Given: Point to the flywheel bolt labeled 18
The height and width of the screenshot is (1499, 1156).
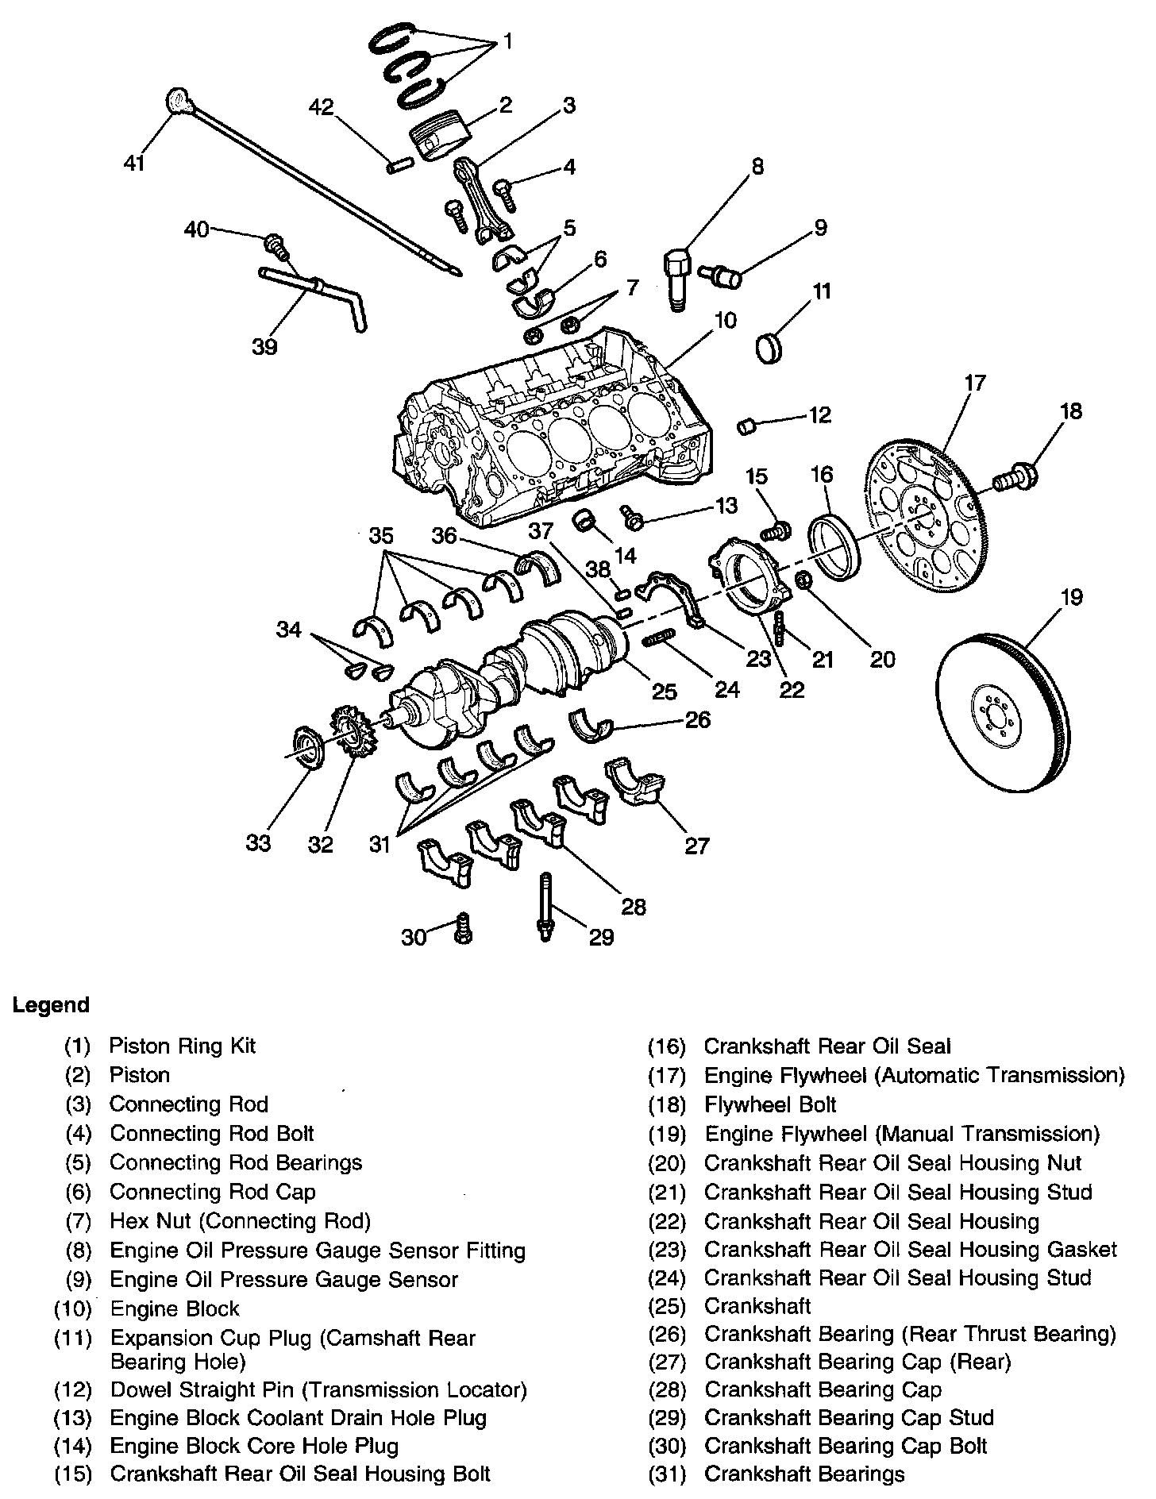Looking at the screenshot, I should (1016, 478).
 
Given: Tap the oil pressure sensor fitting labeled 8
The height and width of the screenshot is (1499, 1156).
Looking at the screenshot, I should (676, 279).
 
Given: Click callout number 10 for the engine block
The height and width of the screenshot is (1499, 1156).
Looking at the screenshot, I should (725, 321).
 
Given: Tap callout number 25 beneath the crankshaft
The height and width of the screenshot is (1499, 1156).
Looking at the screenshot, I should (664, 691).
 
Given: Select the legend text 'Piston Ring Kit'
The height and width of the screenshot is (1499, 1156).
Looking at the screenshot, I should (183, 1046).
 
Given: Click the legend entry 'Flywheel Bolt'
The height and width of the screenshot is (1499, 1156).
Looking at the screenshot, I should (770, 1104).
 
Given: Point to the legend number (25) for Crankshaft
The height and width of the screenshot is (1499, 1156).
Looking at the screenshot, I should (666, 1306).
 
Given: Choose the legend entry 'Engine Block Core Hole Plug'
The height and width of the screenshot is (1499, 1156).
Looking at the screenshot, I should (254, 1446).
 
